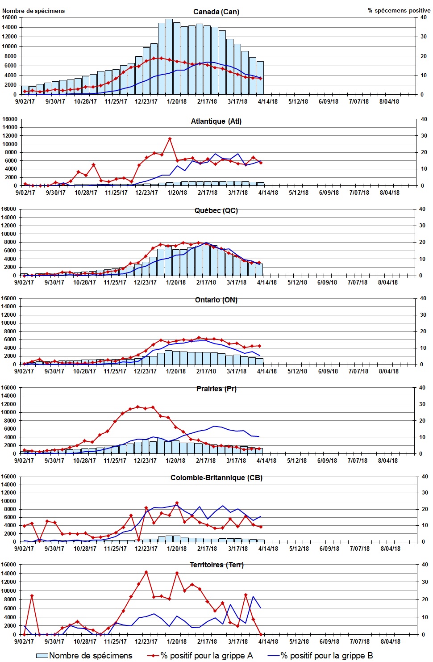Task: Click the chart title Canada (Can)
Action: tap(216, 12)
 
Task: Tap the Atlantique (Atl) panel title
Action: tap(216, 121)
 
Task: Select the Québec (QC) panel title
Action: tap(216, 210)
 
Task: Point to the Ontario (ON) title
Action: tap(216, 300)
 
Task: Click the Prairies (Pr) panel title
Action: tap(216, 389)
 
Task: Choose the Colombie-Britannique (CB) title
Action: tap(216, 478)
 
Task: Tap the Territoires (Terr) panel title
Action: tap(216, 565)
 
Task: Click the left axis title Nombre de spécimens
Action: tap(33, 11)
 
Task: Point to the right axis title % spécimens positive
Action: tap(399, 10)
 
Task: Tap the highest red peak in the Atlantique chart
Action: tap(170, 139)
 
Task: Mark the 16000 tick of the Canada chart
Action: tap(9, 17)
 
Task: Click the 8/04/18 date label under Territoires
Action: tap(391, 641)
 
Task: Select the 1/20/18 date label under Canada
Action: tap(177, 101)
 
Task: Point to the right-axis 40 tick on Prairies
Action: tap(422, 388)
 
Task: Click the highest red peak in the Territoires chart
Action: tap(146, 572)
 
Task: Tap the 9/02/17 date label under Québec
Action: tap(24, 282)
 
